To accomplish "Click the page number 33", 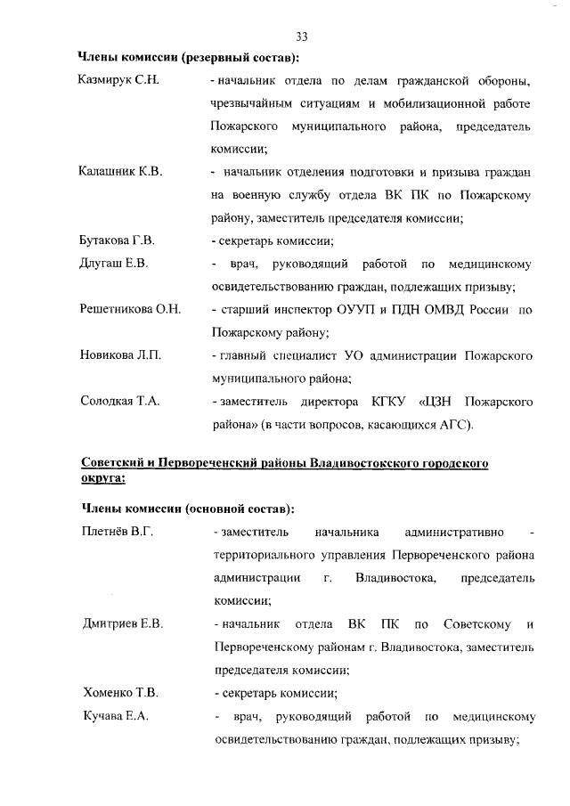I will [301, 37].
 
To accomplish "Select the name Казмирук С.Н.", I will [118, 82].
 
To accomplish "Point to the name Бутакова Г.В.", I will [117, 240].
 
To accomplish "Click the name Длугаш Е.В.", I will [113, 264].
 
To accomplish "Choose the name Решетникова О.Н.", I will [130, 310].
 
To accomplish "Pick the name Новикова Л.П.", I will [120, 356].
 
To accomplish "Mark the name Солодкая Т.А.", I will [119, 402].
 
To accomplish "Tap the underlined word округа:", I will [102, 477].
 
